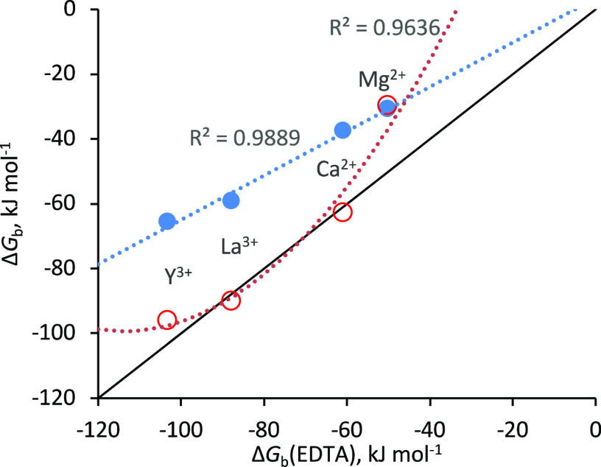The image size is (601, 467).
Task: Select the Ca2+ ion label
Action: coord(337,169)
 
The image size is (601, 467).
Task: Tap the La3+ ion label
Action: coord(239,246)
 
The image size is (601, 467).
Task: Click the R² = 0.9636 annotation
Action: coord(384,29)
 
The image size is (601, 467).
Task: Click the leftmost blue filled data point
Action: coord(167,221)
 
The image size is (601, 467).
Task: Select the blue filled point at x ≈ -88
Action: coord(231,200)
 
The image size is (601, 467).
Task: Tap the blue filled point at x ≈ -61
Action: coord(342,130)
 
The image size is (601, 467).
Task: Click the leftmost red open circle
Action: coord(167,320)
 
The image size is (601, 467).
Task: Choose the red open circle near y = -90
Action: coord(231,301)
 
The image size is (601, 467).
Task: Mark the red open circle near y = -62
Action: coord(342,212)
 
